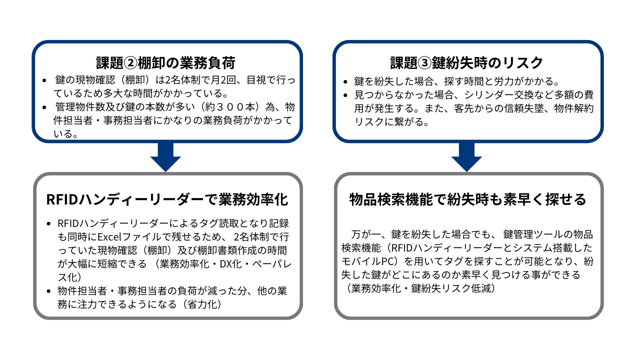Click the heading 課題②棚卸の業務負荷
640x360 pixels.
point(165,63)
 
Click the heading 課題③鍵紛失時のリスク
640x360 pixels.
point(466,63)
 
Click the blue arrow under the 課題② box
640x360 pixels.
point(165,156)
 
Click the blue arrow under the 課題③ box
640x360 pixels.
point(466,156)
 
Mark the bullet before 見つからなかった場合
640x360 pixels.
point(346,95)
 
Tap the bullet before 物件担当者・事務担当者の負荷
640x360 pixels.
point(47,291)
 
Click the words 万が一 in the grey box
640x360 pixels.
point(365,234)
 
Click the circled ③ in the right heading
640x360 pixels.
point(423,63)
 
